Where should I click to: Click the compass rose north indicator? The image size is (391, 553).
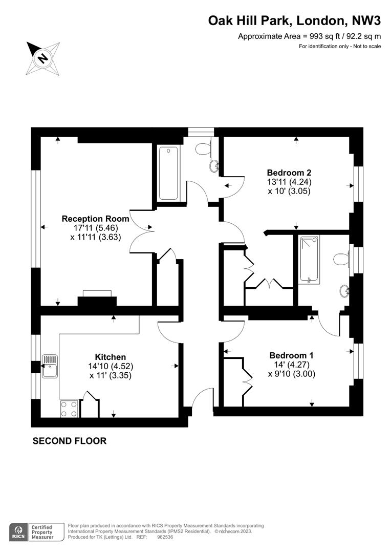[43, 58]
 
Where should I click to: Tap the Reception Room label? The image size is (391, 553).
[95, 219]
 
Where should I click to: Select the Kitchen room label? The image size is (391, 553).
[111, 357]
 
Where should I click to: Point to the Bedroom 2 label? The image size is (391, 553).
[289, 173]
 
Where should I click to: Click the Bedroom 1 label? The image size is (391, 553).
[291, 355]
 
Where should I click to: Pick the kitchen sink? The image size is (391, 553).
[50, 367]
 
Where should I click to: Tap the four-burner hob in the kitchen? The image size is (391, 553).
[69, 409]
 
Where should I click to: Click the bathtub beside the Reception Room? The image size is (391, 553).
[168, 174]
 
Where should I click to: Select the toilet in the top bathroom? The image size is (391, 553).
[203, 148]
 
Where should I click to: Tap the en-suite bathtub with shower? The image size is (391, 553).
[309, 260]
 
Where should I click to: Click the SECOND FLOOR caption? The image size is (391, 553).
[70, 441]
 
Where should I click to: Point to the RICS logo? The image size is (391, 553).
[19, 532]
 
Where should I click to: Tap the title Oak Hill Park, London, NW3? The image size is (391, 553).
[294, 21]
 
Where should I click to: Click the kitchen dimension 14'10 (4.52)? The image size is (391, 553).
[111, 367]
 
